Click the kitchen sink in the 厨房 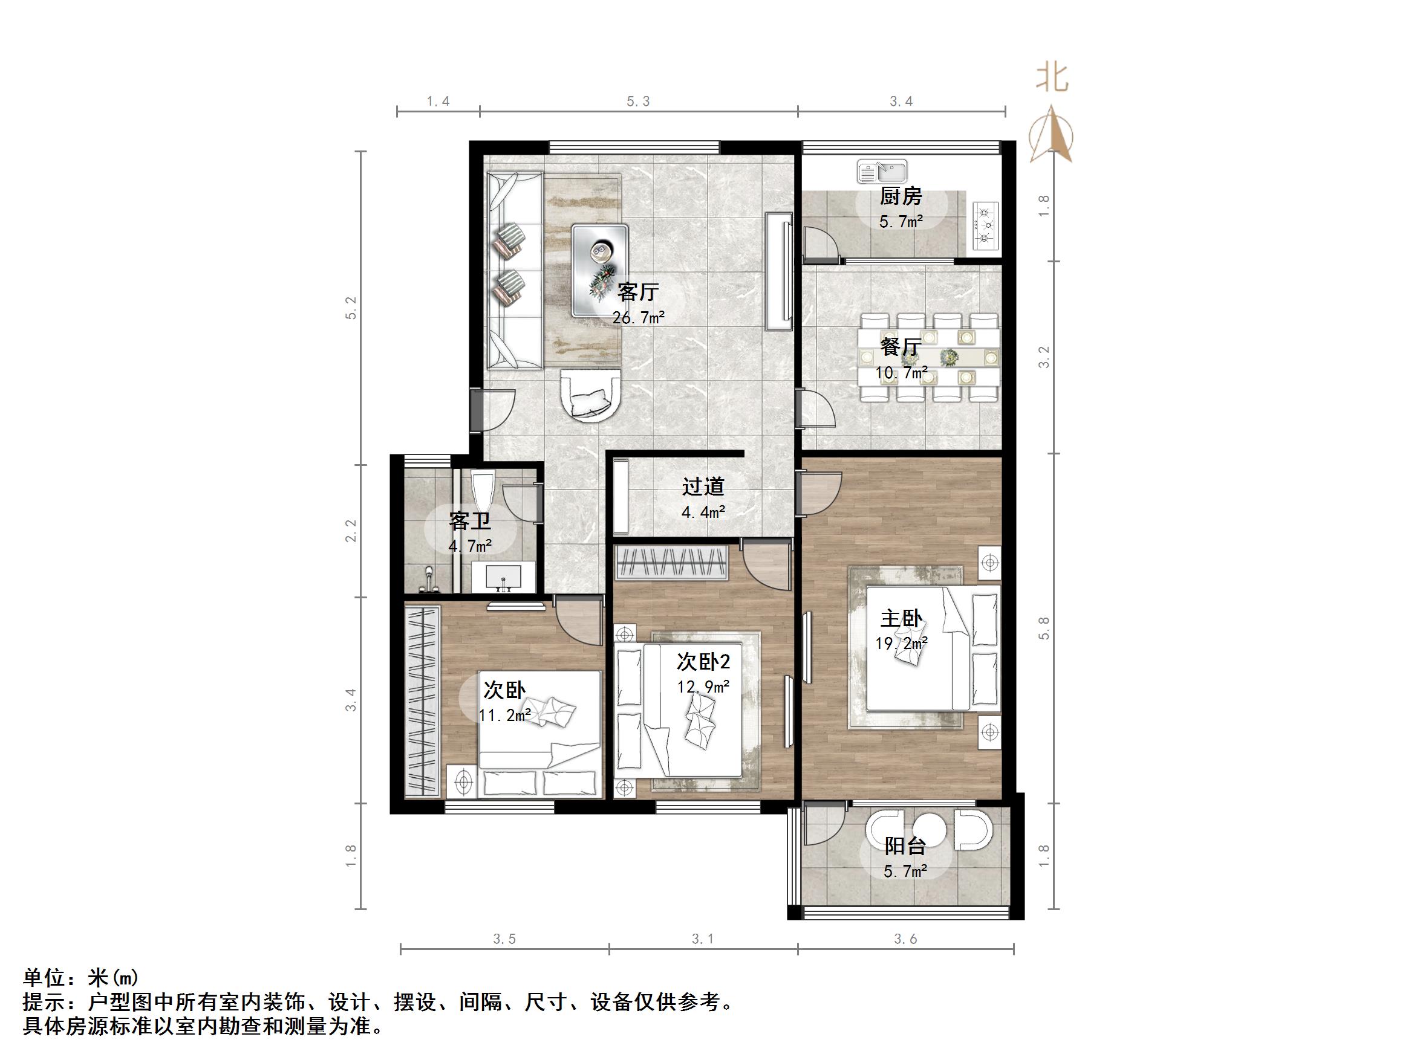coord(882,172)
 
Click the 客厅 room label coord(637,292)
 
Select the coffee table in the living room coord(600,269)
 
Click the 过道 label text coord(703,487)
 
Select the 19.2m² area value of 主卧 coord(901,643)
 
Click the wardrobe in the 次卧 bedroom coord(423,701)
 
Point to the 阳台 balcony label coord(905,846)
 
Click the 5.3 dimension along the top coord(638,102)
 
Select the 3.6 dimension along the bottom coord(905,939)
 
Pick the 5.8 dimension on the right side coord(1044,628)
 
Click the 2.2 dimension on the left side coord(350,531)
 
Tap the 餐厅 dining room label coord(900,347)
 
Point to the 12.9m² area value coord(703,687)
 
